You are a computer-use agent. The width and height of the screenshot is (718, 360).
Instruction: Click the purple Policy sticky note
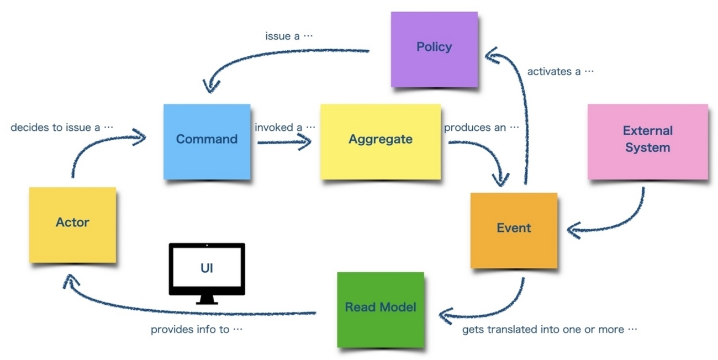[434, 49]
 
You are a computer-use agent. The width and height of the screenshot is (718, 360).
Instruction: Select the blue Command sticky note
[207, 141]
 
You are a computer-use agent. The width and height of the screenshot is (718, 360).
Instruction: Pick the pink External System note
[647, 141]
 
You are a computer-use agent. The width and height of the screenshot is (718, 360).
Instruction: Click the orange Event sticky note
[514, 229]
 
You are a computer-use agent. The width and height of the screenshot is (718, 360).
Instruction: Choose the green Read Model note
[381, 308]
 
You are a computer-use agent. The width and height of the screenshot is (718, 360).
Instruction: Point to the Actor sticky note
[72, 224]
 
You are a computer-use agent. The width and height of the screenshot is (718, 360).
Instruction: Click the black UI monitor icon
[206, 272]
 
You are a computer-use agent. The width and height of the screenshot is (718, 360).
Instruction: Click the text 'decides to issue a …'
[62, 128]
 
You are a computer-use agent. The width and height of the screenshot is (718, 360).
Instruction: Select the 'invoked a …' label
[284, 128]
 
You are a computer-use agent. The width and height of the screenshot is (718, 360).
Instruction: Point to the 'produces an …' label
[482, 128]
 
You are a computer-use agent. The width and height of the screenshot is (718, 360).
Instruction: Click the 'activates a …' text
[560, 71]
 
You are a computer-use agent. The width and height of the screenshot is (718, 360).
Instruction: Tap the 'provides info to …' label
[197, 330]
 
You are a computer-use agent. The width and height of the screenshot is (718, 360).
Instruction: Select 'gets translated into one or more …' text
[550, 330]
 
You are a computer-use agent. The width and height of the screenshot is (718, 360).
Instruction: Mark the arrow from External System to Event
[619, 221]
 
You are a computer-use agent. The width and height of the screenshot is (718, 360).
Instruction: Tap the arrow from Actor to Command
[94, 146]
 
